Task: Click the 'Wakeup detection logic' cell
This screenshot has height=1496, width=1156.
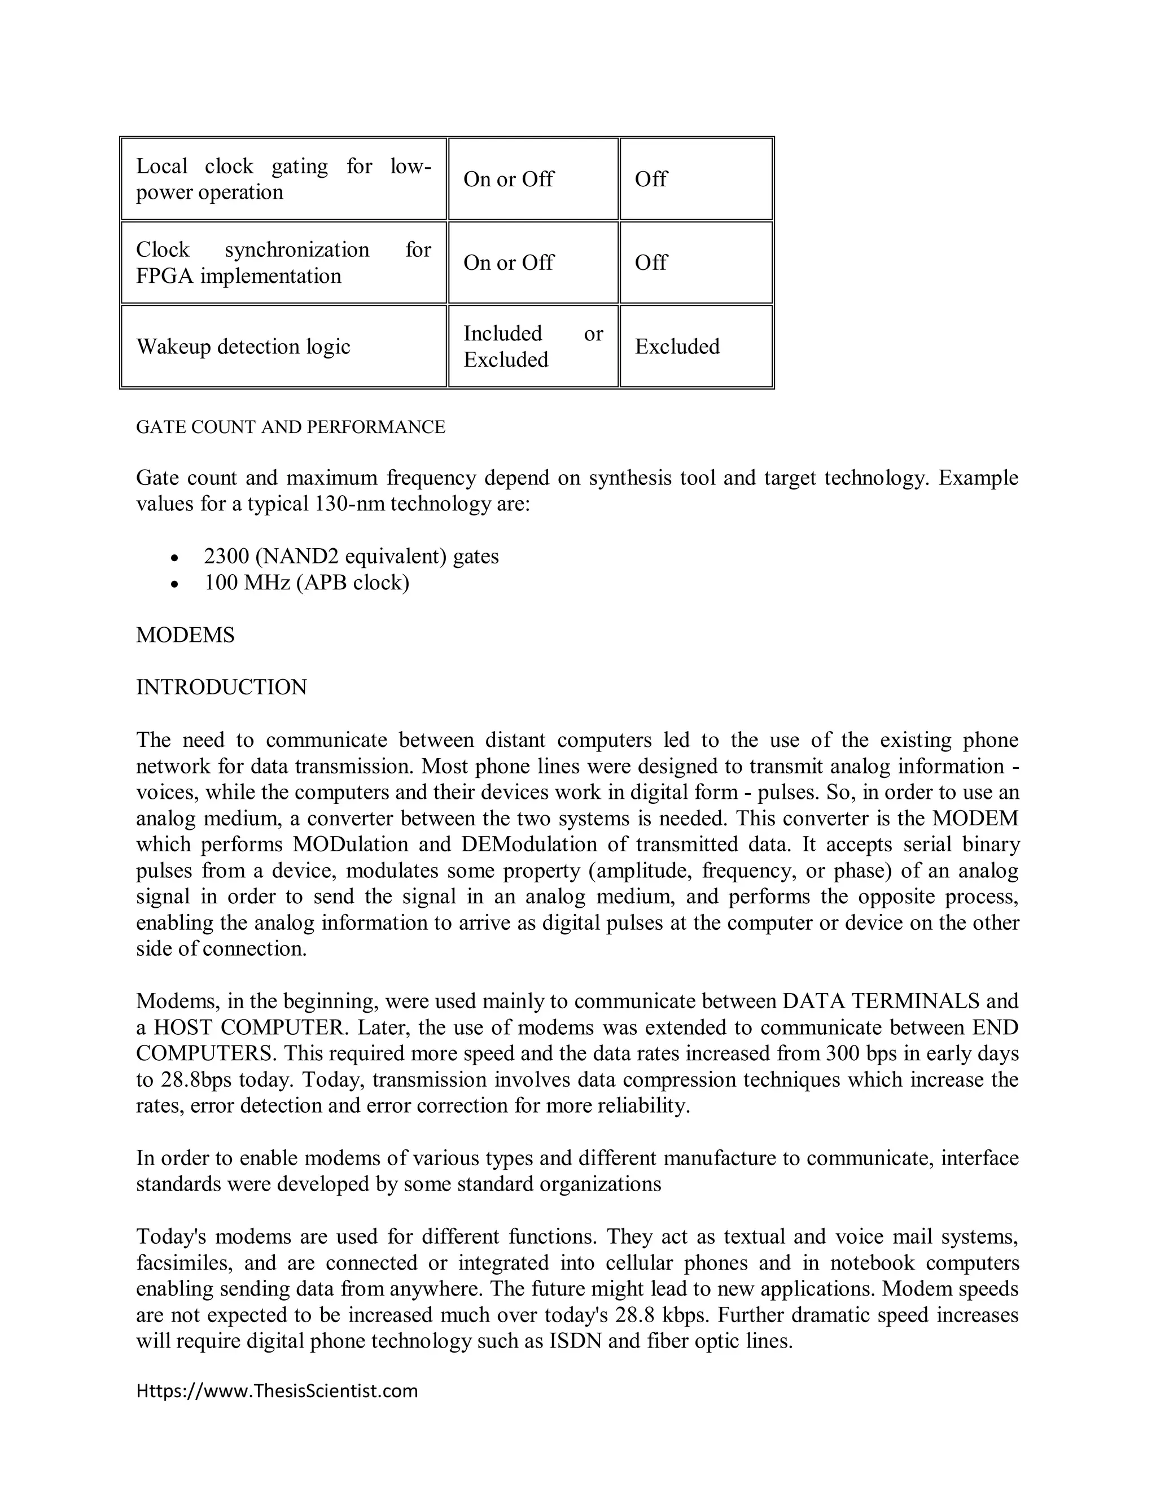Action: [243, 347]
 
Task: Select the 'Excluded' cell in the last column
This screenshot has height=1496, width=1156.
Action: [677, 347]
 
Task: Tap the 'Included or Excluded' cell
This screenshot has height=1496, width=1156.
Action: [533, 347]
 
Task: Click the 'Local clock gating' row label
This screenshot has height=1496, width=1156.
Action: [283, 179]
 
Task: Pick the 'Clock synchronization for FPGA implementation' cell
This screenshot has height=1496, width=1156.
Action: [283, 263]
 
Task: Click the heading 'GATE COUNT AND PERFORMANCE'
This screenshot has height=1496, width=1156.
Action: [290, 427]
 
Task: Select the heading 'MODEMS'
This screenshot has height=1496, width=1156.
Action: [185, 635]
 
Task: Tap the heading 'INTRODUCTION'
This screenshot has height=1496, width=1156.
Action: [221, 687]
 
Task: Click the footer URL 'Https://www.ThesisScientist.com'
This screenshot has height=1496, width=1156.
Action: [277, 1391]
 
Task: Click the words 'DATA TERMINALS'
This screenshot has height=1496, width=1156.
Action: [880, 1001]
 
